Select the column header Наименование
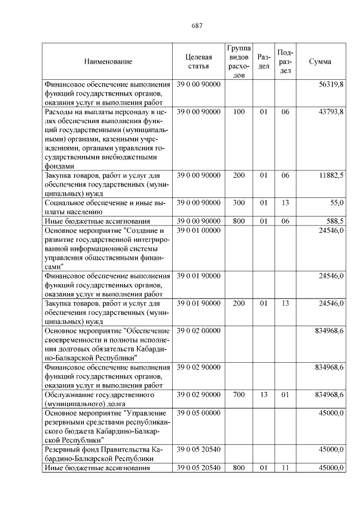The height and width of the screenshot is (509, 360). pos(108,61)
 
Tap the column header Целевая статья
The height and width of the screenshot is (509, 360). pos(199,61)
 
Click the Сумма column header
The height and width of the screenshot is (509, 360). pos(320,61)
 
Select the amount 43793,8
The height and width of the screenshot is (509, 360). pos(331,112)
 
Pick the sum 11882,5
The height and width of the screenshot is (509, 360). pos(331,175)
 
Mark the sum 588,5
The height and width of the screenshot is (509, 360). pos(334,221)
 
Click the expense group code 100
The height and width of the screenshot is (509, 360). pos(238,112)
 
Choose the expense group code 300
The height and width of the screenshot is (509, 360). pos(238,202)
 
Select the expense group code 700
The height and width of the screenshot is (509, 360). pos(238,395)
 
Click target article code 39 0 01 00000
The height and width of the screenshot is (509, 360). pos(199,231)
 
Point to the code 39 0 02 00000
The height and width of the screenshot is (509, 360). pos(199,331)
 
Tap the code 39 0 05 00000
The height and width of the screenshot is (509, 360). pos(199,413)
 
